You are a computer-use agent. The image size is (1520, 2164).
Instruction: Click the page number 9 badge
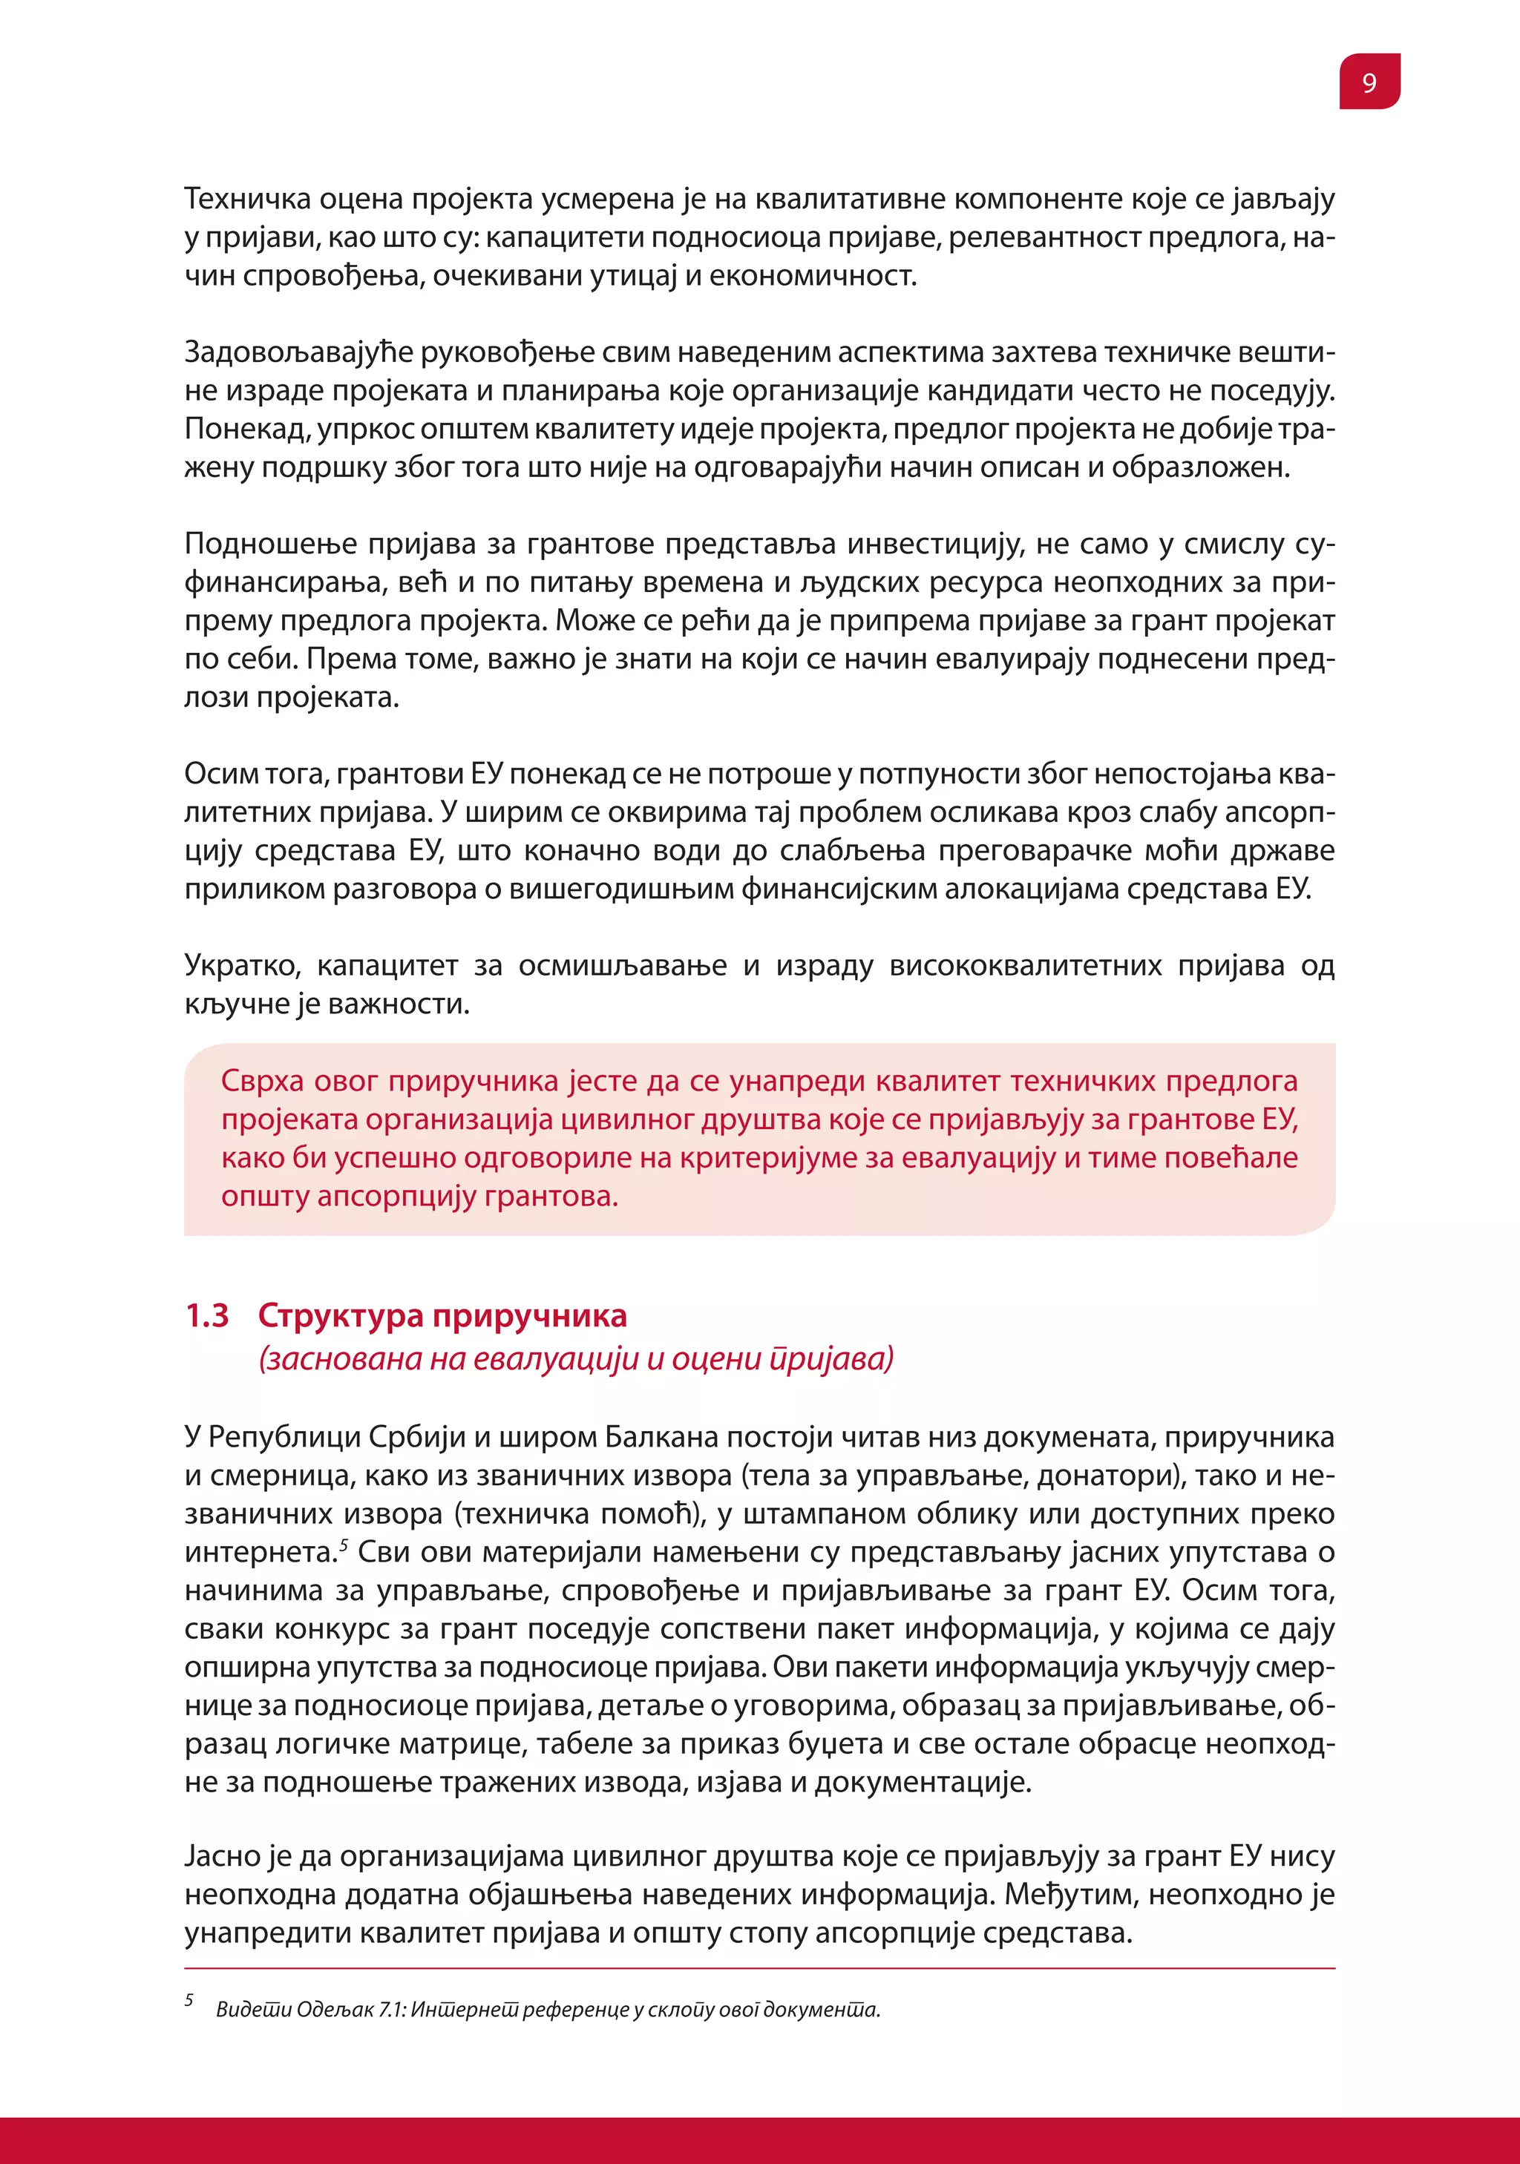tap(1369, 82)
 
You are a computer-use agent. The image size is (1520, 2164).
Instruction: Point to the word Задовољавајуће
tap(298, 352)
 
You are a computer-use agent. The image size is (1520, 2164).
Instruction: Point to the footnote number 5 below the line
tap(189, 1999)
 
